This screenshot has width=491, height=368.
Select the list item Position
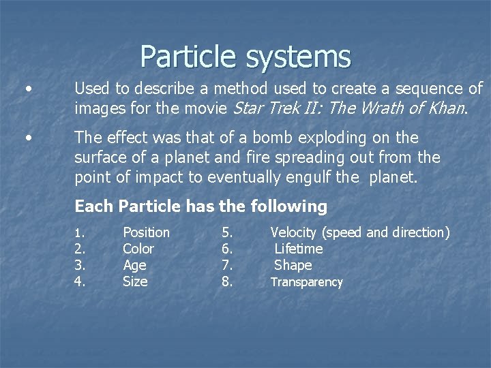146,232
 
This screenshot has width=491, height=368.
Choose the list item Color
138,249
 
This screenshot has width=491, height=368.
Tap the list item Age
134,265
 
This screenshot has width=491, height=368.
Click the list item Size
135,281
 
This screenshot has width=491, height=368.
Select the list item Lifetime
298,249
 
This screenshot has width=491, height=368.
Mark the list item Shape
293,265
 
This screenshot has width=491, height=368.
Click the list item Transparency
306,282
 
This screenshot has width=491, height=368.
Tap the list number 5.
227,232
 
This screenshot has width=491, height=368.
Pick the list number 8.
227,281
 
